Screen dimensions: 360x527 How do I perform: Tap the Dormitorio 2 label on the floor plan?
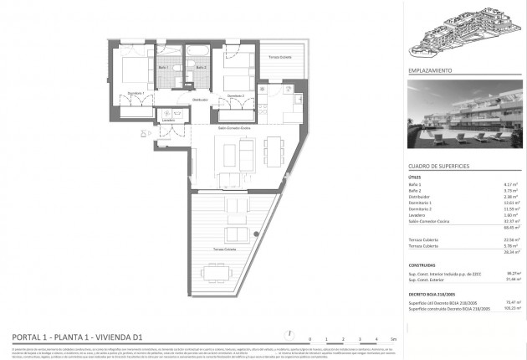(x=235, y=95)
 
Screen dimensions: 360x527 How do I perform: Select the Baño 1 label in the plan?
(x=164, y=67)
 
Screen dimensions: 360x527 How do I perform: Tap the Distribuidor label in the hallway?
(x=199, y=99)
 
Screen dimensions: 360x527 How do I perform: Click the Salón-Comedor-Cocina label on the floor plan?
(x=235, y=128)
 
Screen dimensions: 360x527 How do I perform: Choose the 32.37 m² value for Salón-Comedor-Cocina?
(x=504, y=221)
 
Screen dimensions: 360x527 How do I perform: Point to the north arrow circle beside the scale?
(x=289, y=331)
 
